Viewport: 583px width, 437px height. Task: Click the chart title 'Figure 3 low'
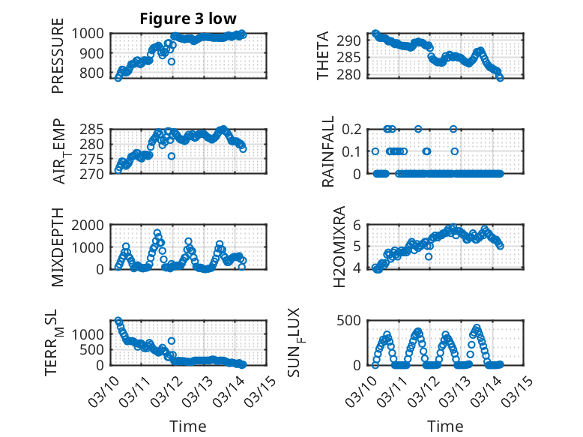[187, 19]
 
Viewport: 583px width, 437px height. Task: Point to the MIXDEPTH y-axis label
[58, 247]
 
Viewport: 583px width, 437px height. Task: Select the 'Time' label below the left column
[187, 427]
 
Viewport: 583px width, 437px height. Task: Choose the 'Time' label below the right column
[445, 427]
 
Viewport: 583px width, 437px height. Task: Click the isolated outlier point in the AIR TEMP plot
[172, 156]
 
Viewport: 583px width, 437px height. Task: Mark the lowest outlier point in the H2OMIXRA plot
[429, 256]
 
